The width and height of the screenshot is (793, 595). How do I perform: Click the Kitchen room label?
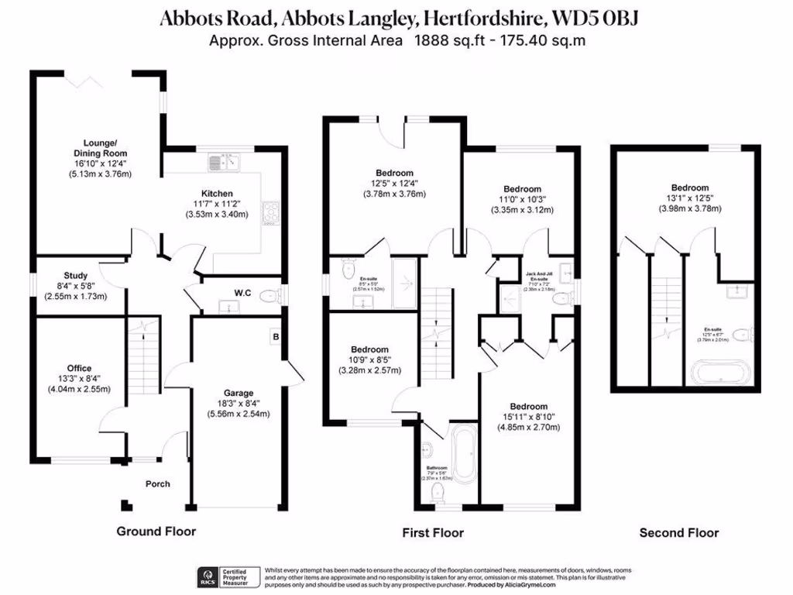coord(217,194)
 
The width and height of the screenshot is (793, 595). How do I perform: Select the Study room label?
coord(76,276)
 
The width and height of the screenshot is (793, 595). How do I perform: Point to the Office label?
coord(79,368)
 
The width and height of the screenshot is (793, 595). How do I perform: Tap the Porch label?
coord(158,484)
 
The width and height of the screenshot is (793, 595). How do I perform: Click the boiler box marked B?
coord(274,337)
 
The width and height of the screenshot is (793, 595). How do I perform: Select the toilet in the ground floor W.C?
coord(268,296)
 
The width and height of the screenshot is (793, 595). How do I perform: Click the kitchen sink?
coord(225,162)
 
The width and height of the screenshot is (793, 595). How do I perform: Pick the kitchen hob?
coord(272,212)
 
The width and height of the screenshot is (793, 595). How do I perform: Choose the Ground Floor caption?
coord(156,531)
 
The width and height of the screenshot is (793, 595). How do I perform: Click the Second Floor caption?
coord(678,533)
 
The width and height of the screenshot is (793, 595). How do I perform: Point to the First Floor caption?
coord(432,533)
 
